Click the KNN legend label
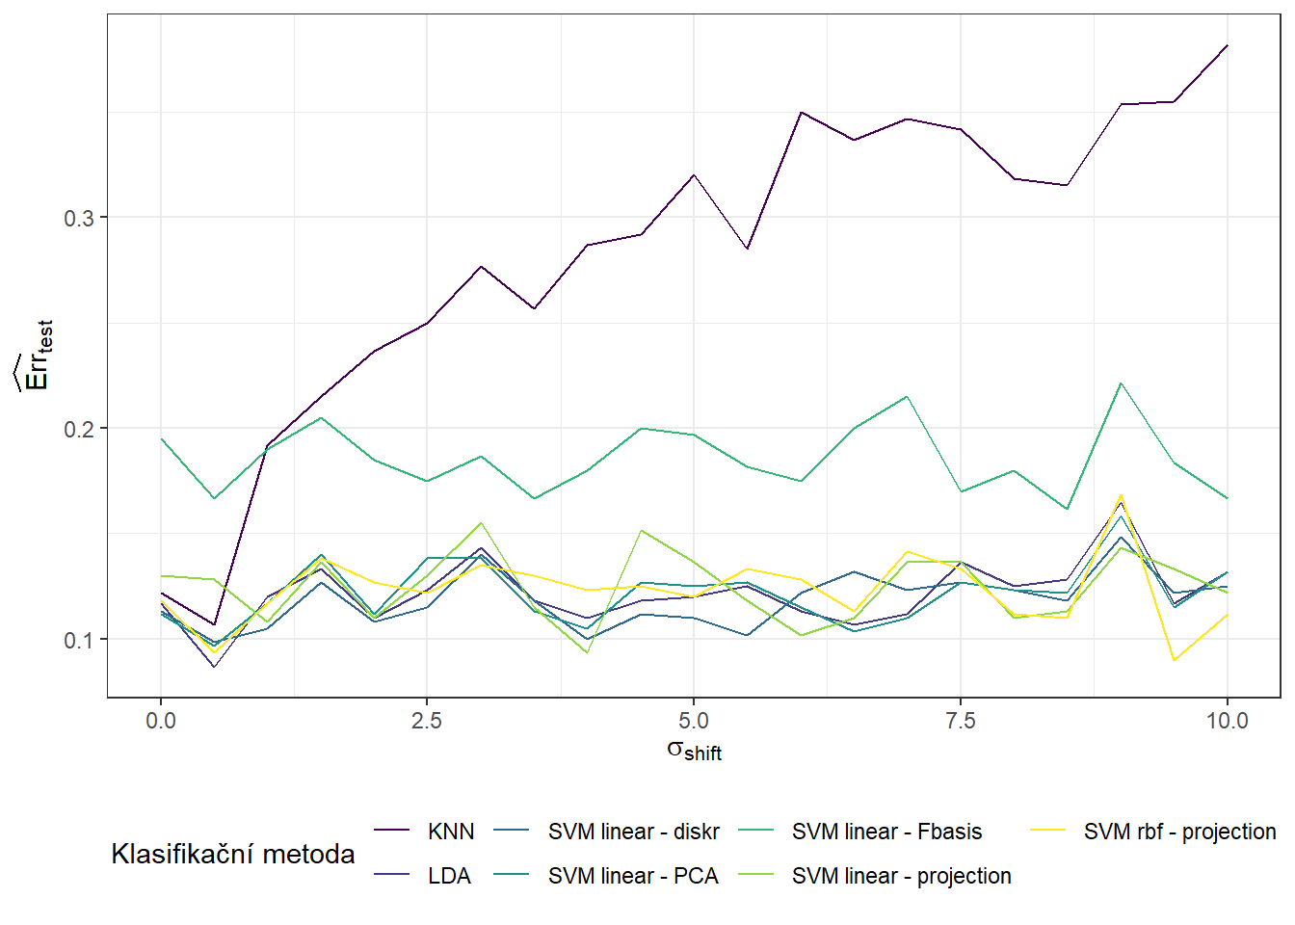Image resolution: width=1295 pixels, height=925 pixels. point(450,832)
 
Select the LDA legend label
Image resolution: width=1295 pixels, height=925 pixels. point(449,876)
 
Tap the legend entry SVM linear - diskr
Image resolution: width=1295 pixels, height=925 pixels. point(633,832)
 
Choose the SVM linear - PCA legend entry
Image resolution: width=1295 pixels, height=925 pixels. point(633,876)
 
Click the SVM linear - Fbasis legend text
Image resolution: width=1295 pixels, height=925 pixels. point(886,832)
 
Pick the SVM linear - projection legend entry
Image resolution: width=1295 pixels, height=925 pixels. point(901,876)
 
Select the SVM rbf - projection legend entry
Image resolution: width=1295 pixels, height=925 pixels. point(1179,832)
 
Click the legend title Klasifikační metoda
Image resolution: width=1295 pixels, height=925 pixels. point(233,854)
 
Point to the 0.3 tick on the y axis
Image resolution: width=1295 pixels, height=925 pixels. point(79,218)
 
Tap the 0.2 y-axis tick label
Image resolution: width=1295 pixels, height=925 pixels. point(79,429)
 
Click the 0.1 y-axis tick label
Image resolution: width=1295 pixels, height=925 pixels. point(79,640)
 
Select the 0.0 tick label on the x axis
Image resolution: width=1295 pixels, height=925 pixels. point(161,721)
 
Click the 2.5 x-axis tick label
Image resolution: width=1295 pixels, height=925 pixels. point(427,721)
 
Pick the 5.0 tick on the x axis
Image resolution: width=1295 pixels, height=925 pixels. point(694,721)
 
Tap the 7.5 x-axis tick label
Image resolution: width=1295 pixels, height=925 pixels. point(960,721)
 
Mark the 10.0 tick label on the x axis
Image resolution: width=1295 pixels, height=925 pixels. point(1227,721)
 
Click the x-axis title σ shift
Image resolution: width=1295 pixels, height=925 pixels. point(694,751)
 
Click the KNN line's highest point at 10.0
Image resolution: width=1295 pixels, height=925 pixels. point(1227,45)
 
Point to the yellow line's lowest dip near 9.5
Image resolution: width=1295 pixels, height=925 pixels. point(1174,660)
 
